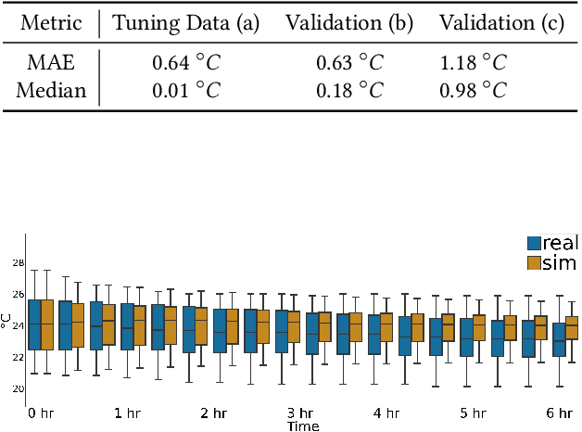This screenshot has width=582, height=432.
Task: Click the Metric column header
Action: (x=50, y=23)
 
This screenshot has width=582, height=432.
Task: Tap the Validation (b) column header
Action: (x=349, y=23)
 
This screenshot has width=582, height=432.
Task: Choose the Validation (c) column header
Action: (x=500, y=23)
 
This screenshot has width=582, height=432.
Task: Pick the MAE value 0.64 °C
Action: (x=184, y=64)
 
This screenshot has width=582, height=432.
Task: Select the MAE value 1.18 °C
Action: (x=474, y=64)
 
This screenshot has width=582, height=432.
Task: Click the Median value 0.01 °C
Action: (x=184, y=90)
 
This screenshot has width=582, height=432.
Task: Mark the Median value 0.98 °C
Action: (x=474, y=90)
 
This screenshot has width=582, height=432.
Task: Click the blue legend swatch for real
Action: (x=534, y=244)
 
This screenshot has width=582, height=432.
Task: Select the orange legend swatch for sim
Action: (x=534, y=263)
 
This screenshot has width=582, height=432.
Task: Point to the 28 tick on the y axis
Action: (x=17, y=263)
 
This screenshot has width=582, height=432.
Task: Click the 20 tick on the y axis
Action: (x=17, y=388)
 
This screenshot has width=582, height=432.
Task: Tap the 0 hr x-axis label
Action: (x=40, y=413)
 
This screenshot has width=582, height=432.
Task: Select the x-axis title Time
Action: (x=302, y=426)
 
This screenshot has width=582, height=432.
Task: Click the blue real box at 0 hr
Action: (x=34, y=324)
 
